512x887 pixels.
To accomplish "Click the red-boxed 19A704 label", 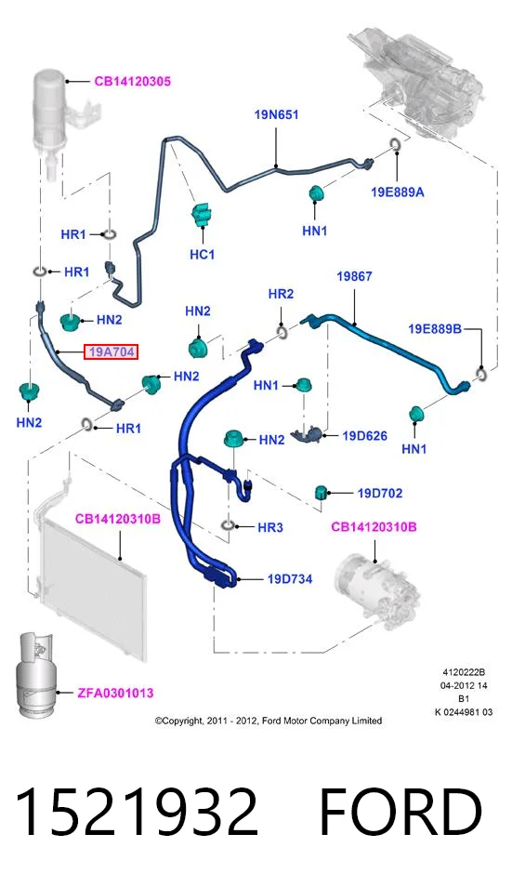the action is tap(111, 351).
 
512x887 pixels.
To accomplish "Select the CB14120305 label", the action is tap(132, 82).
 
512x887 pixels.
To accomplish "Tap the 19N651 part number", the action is tap(276, 115).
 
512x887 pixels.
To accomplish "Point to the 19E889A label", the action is tap(398, 192).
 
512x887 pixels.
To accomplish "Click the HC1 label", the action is tap(202, 255).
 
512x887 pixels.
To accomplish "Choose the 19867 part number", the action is tap(354, 276).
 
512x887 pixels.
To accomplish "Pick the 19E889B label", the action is tap(435, 328).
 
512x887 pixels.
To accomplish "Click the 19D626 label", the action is tap(364, 435).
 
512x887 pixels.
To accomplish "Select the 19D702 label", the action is tap(380, 494).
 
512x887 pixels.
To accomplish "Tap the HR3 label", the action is tap(270, 527).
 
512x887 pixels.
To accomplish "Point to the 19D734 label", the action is tap(290, 578).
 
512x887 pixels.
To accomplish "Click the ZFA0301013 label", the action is tap(115, 693).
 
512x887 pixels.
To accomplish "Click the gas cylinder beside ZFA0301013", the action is tap(34, 674).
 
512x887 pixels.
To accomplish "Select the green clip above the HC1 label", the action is tap(200, 216).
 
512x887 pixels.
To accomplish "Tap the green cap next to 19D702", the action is tap(322, 493).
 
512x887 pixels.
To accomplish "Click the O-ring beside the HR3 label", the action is tap(227, 526).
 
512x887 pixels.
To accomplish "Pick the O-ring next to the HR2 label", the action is tap(282, 330).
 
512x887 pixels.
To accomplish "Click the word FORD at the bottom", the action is tap(400, 813).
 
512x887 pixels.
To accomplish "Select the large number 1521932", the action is tap(138, 813).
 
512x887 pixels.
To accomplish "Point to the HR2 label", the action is tap(281, 294).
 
